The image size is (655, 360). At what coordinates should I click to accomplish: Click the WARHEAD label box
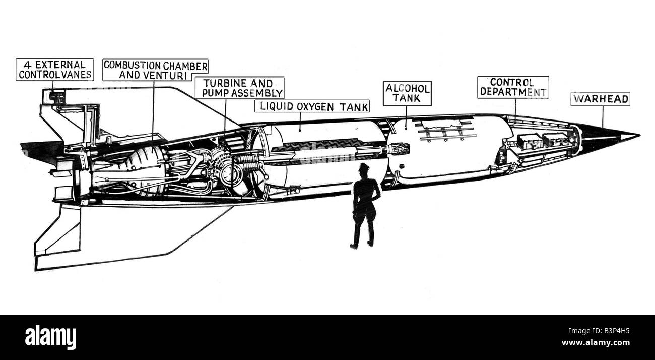[x=600, y=99]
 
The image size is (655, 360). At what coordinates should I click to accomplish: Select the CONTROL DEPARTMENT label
[x=513, y=87]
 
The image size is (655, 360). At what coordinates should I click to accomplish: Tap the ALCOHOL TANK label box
[x=407, y=93]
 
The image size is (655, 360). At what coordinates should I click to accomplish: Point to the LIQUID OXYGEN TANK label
[x=312, y=106]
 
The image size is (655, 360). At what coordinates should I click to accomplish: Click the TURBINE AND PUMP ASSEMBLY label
[x=239, y=88]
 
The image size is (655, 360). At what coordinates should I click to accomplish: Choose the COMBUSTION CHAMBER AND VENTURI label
[x=155, y=70]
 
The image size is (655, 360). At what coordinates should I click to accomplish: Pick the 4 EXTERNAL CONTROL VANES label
[x=55, y=70]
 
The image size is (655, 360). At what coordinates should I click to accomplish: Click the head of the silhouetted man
[x=364, y=169]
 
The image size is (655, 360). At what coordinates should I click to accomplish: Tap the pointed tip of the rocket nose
[x=639, y=136]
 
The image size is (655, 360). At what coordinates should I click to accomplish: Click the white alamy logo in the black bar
[x=50, y=337]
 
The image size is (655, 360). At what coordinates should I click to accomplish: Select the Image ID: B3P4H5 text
[x=599, y=331]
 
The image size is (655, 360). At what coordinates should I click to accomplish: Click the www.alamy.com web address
[x=596, y=343]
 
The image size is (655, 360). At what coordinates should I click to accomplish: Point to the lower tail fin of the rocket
[x=123, y=234]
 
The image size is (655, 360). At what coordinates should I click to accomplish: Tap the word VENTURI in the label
[x=165, y=75]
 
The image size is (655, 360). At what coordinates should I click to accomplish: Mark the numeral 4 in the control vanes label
[x=27, y=65]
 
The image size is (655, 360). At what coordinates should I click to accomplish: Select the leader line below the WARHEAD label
[x=603, y=117]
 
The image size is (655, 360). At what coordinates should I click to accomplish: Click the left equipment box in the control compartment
[x=529, y=142]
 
